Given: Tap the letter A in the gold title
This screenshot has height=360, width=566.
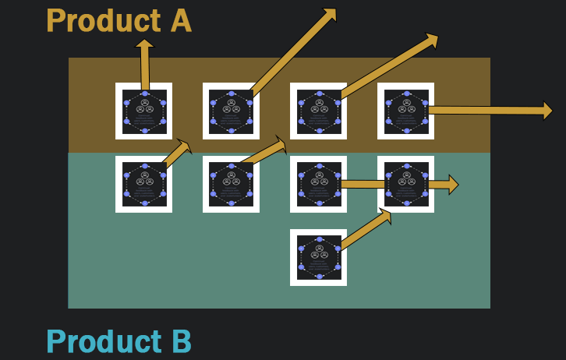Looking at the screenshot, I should pyautogui.click(x=178, y=20).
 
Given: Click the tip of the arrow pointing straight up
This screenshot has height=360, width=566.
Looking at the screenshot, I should pyautogui.click(x=144, y=42).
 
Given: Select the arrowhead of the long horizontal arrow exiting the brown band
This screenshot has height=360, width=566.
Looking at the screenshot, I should pyautogui.click(x=547, y=111).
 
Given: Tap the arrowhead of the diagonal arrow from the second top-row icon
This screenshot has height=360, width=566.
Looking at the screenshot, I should pyautogui.click(x=331, y=13).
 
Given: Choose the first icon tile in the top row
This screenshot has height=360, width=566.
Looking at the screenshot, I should pyautogui.click(x=144, y=111).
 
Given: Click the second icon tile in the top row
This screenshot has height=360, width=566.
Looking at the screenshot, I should pyautogui.click(x=231, y=111).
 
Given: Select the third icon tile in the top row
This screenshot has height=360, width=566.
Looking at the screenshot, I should pyautogui.click(x=319, y=111).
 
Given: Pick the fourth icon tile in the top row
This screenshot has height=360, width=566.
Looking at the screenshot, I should pyautogui.click(x=406, y=111).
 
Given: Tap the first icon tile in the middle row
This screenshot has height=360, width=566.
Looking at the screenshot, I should pyautogui.click(x=144, y=184).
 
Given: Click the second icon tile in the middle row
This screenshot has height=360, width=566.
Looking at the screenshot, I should pyautogui.click(x=231, y=184).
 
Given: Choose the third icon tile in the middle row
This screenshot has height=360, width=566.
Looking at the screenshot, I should pyautogui.click(x=319, y=184).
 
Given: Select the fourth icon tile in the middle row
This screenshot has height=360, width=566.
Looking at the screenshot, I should pyautogui.click(x=406, y=184).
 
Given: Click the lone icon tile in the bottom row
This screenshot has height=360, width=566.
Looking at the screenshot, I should pyautogui.click(x=319, y=257).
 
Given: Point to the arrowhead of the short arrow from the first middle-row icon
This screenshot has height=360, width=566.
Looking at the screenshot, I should pyautogui.click(x=185, y=145).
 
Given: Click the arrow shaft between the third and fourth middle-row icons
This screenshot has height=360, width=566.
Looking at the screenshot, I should pyautogui.click(x=362, y=185).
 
